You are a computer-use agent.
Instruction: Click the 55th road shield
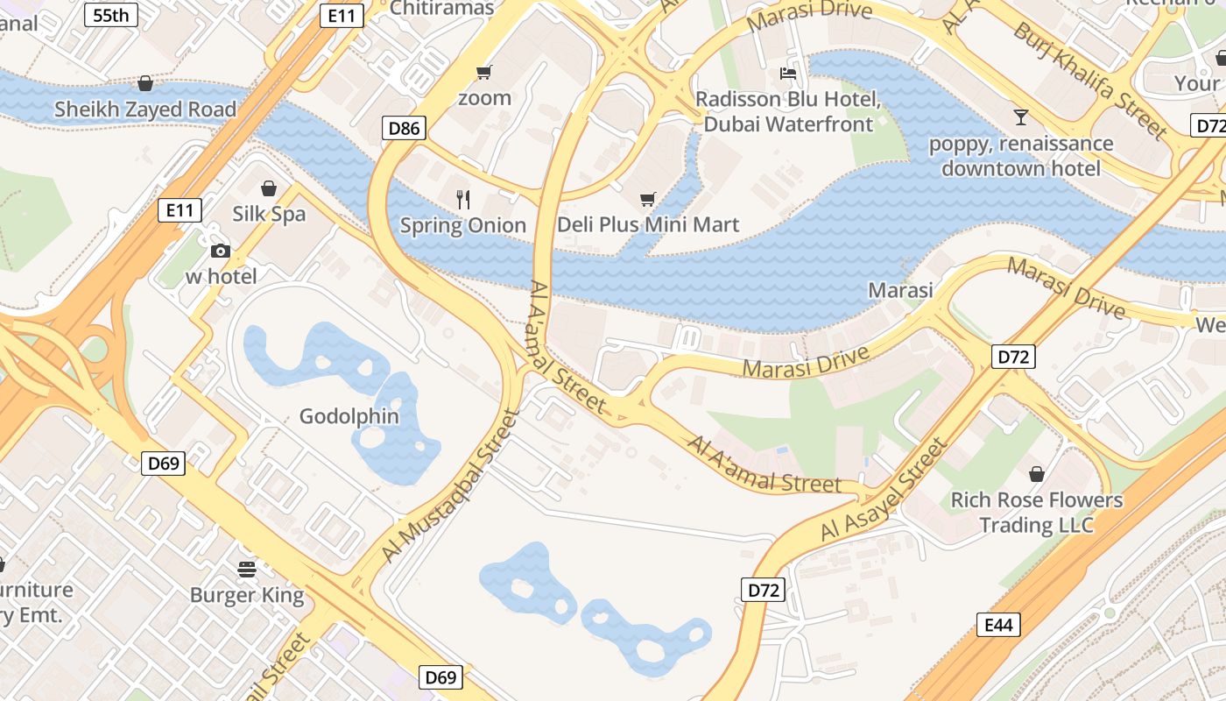[111, 15]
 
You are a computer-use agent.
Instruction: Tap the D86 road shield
[404, 129]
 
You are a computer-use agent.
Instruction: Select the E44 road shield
[998, 625]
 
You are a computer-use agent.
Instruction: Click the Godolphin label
[349, 416]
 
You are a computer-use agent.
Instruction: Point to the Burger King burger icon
[247, 570]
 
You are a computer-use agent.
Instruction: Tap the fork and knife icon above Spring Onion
[463, 200]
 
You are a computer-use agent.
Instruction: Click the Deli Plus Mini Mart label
[648, 224]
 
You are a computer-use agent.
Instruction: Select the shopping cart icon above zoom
[484, 72]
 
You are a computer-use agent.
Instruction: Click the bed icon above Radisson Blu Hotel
[788, 74]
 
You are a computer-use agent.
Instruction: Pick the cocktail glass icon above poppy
[1020, 117]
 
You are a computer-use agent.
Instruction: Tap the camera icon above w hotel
[221, 251]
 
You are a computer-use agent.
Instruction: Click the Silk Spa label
[269, 214]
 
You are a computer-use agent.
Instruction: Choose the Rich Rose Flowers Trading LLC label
[1037, 513]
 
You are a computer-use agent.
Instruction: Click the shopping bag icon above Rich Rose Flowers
[1037, 474]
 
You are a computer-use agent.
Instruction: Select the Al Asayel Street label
[884, 491]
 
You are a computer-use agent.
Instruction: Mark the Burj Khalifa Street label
[1089, 81]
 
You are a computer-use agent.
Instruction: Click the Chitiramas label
[442, 9]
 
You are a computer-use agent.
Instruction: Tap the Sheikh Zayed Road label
[145, 110]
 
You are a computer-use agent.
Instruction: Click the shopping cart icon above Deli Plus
[647, 200]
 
